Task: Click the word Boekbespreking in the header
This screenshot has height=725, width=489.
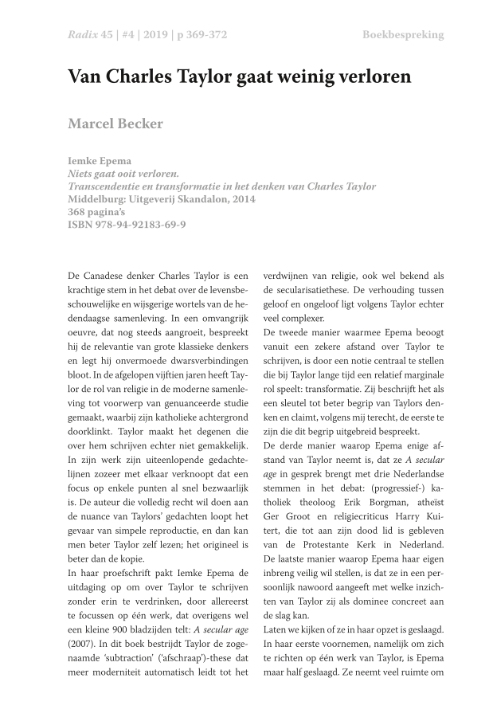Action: (403, 35)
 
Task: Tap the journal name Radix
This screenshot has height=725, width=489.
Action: (82, 35)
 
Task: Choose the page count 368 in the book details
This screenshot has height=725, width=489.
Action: (79, 211)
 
